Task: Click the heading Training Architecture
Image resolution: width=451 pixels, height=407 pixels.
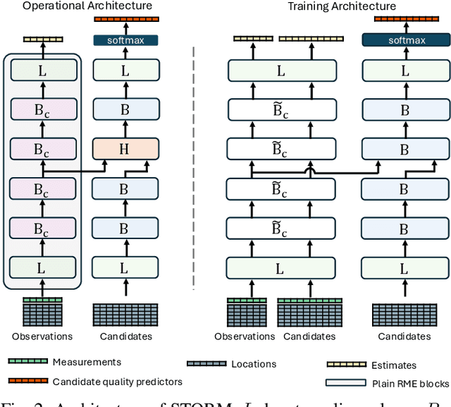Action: pyautogui.click(x=331, y=6)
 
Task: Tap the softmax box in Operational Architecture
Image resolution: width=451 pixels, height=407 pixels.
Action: pyautogui.click(x=125, y=40)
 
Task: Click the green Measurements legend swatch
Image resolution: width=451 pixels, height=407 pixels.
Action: pyautogui.click(x=28, y=361)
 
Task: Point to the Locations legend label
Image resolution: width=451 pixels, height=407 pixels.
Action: pyautogui.click(x=254, y=364)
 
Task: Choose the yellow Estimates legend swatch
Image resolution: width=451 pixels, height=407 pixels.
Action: pyautogui.click(x=347, y=364)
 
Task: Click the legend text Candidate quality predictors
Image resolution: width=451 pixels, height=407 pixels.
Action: pyautogui.click(x=118, y=382)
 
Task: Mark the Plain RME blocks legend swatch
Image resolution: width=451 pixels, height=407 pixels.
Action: pyautogui.click(x=347, y=382)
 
